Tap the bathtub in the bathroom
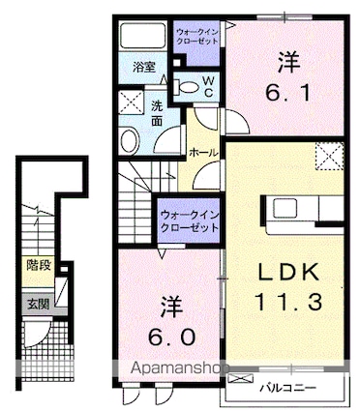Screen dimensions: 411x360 [x=142, y=37]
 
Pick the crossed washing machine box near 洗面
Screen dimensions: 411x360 [x=129, y=103]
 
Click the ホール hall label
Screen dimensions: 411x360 [x=202, y=153]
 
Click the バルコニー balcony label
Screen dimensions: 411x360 [x=288, y=390]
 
